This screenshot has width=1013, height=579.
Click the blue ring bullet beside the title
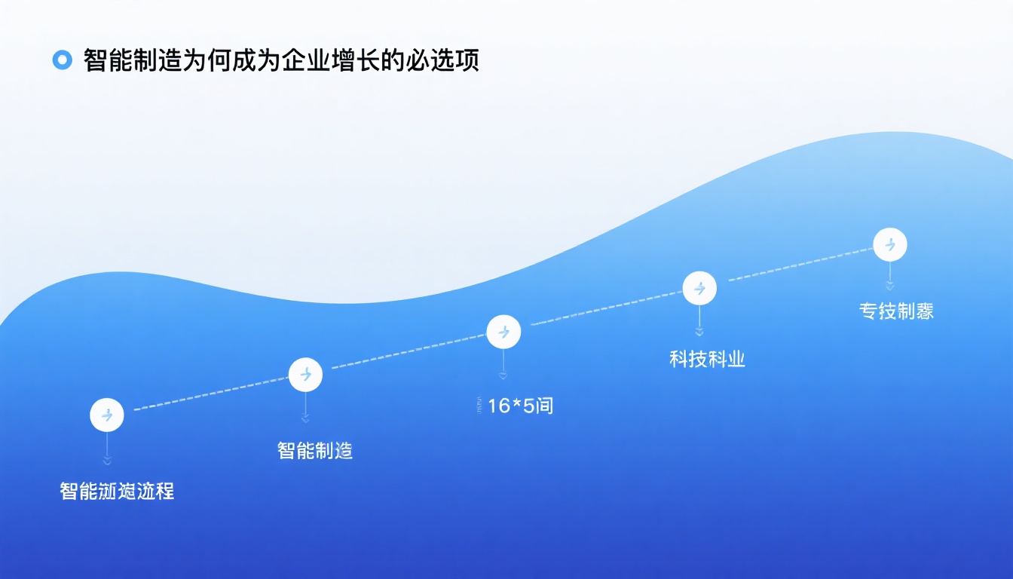[62, 60]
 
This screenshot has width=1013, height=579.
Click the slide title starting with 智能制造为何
[281, 60]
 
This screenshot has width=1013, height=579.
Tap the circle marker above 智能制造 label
[305, 374]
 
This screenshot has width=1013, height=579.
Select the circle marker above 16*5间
[503, 332]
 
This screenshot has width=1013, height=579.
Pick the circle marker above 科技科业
[699, 288]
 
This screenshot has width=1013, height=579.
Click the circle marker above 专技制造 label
[889, 245]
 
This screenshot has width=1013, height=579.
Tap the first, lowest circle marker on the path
[107, 415]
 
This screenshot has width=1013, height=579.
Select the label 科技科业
[707, 359]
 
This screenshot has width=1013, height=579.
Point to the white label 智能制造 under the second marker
[315, 451]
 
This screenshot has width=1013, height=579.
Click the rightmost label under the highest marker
[896, 311]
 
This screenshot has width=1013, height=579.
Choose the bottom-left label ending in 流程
[117, 492]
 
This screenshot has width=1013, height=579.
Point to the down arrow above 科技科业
[699, 330]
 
